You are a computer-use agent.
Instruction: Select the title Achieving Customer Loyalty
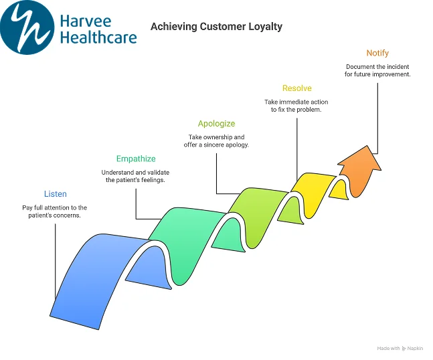click(216, 27)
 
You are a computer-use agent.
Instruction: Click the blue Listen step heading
click(55, 194)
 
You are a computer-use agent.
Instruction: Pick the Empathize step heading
click(136, 159)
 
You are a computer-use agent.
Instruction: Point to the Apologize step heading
click(216, 124)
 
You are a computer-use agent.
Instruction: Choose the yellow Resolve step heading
click(296, 88)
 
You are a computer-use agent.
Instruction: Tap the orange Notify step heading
click(377, 53)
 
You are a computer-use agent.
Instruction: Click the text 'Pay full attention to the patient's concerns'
click(55, 211)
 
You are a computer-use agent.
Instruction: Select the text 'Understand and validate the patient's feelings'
click(136, 177)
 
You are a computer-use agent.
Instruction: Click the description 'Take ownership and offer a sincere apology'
click(216, 141)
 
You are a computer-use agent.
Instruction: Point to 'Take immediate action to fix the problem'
click(296, 106)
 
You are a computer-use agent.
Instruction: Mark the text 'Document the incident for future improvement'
click(377, 70)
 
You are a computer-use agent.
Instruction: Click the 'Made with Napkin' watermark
click(400, 349)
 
